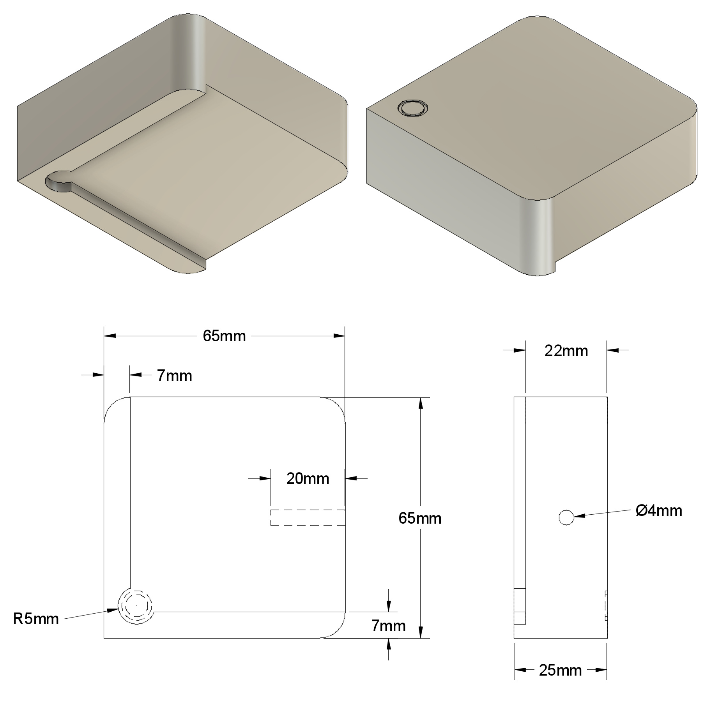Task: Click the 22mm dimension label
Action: [566, 351]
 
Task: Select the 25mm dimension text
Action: [560, 670]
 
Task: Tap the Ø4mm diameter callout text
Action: [659, 511]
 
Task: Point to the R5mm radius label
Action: [36, 619]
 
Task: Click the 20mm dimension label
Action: [308, 478]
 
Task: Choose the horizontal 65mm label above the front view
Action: [224, 336]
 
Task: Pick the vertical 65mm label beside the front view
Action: [420, 518]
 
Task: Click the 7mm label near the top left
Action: [174, 376]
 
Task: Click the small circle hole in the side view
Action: [566, 517]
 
